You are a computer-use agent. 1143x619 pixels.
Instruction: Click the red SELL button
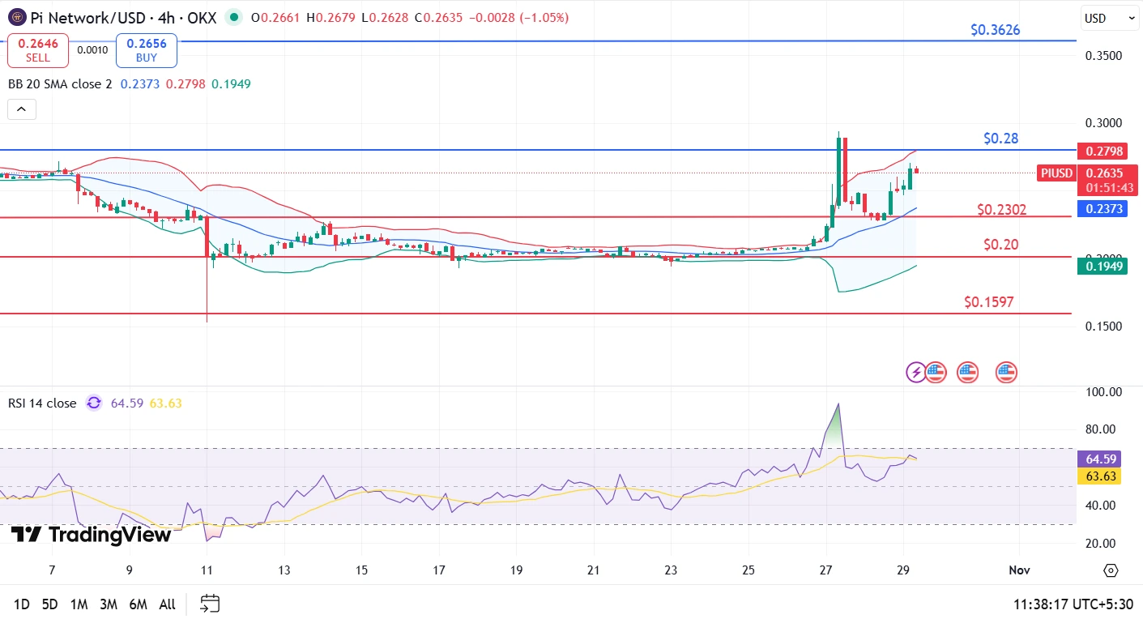(38, 50)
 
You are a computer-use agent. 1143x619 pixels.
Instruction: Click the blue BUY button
(146, 50)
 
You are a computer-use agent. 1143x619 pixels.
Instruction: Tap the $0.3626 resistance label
(995, 30)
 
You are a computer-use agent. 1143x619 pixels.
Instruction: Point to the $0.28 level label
(1000, 139)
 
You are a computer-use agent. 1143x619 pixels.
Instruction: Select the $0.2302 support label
(1001, 210)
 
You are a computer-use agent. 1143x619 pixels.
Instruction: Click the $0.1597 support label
(988, 302)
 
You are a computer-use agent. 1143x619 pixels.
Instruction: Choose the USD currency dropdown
(1109, 18)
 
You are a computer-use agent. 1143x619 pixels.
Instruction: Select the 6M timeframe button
(138, 604)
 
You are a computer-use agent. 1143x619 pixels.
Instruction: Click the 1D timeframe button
(22, 604)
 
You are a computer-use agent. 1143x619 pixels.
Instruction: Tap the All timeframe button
(167, 604)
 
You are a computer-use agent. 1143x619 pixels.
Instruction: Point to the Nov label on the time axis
(1019, 570)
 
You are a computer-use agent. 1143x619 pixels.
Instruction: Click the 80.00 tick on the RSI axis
(1103, 429)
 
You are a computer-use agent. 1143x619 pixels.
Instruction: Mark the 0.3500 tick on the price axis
(1103, 56)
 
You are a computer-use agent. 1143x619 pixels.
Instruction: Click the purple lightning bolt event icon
(915, 372)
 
